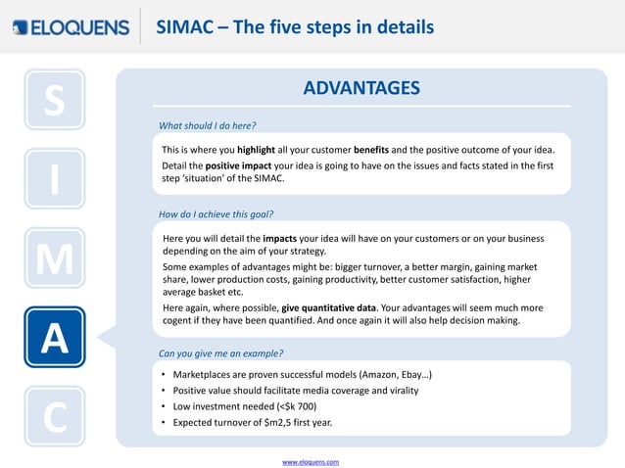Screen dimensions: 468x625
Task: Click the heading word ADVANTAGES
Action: point(361,89)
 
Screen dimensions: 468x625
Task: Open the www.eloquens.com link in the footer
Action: point(311,460)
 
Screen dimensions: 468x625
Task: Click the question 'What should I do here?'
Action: point(208,125)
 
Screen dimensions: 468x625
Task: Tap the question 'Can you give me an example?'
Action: point(219,352)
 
